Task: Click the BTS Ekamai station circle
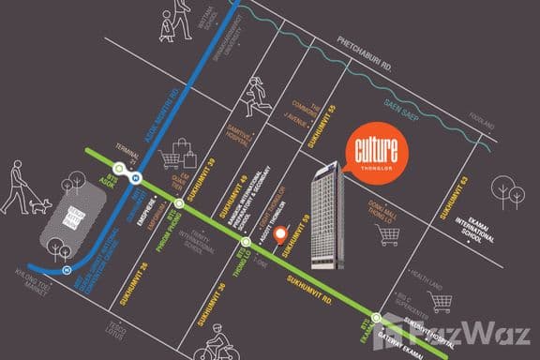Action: coord(376,319)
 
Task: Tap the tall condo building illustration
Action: coord(327,214)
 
